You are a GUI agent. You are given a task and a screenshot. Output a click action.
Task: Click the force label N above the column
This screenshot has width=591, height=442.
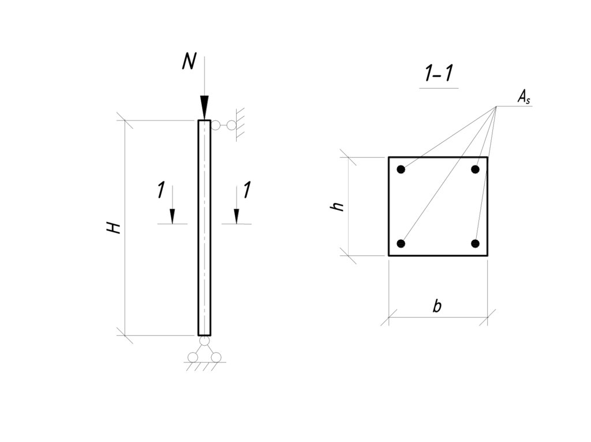pos(189,61)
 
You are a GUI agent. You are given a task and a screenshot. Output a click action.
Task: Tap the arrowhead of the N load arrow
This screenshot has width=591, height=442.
pos(204,108)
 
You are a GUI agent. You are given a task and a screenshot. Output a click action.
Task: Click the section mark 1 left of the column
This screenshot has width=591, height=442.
pos(162,190)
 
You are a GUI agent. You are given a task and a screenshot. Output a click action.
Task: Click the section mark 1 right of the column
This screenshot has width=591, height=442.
pos(247,190)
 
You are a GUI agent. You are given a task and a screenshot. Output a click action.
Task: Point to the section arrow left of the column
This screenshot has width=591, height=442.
pos(172,205)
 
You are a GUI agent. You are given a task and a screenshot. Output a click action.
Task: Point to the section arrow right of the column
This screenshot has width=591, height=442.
pos(236,205)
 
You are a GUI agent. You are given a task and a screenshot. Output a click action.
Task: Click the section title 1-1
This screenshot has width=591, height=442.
pos(439,73)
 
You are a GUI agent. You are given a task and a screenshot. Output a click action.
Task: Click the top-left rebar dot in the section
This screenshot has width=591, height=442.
pos(401,169)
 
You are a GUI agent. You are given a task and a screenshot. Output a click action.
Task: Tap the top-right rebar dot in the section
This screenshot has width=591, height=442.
pos(476,169)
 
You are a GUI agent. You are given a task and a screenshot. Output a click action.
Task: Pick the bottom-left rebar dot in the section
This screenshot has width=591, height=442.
pos(401,244)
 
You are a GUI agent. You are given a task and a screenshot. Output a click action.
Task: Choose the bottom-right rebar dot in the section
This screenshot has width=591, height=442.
pos(476,244)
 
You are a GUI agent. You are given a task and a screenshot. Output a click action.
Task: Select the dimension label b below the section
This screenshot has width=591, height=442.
pos(437,305)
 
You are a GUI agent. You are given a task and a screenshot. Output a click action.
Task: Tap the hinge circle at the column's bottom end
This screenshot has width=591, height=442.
pos(204,341)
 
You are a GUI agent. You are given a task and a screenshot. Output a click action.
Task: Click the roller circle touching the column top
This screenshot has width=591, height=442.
pos(216,125)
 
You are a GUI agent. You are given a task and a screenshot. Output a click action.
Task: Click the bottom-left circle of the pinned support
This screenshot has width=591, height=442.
pos(193,357)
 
